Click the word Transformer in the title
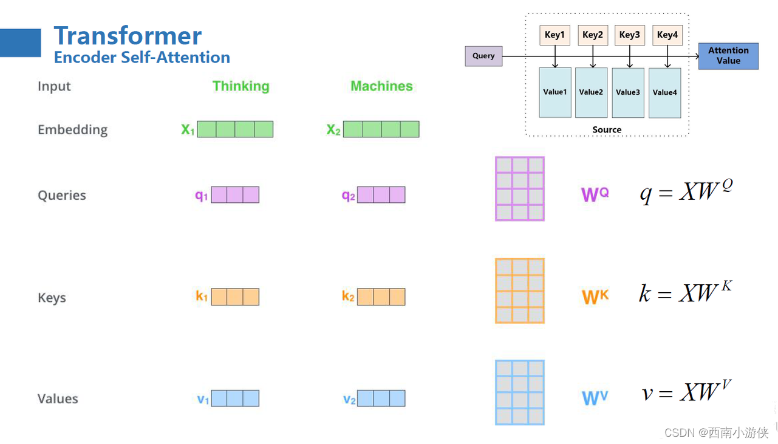pyautogui.click(x=128, y=36)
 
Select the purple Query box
pyautogui.click(x=483, y=56)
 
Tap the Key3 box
pyautogui.click(x=630, y=35)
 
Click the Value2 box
pyautogui.click(x=591, y=92)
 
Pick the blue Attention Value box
pyautogui.click(x=728, y=56)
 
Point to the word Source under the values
pyautogui.click(x=607, y=129)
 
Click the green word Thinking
pyautogui.click(x=241, y=86)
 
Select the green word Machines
pyautogui.click(x=381, y=86)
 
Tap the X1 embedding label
pyautogui.click(x=188, y=129)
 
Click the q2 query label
pyautogui.click(x=349, y=195)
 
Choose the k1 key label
pyautogui.click(x=202, y=296)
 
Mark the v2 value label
pyautogui.click(x=349, y=399)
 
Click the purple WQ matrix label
pyautogui.click(x=595, y=194)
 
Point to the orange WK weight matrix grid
pyautogui.click(x=519, y=290)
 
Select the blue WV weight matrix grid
pyautogui.click(x=519, y=392)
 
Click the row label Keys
pyautogui.click(x=52, y=298)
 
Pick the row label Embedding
pyautogui.click(x=72, y=129)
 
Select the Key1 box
pyautogui.click(x=554, y=35)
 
